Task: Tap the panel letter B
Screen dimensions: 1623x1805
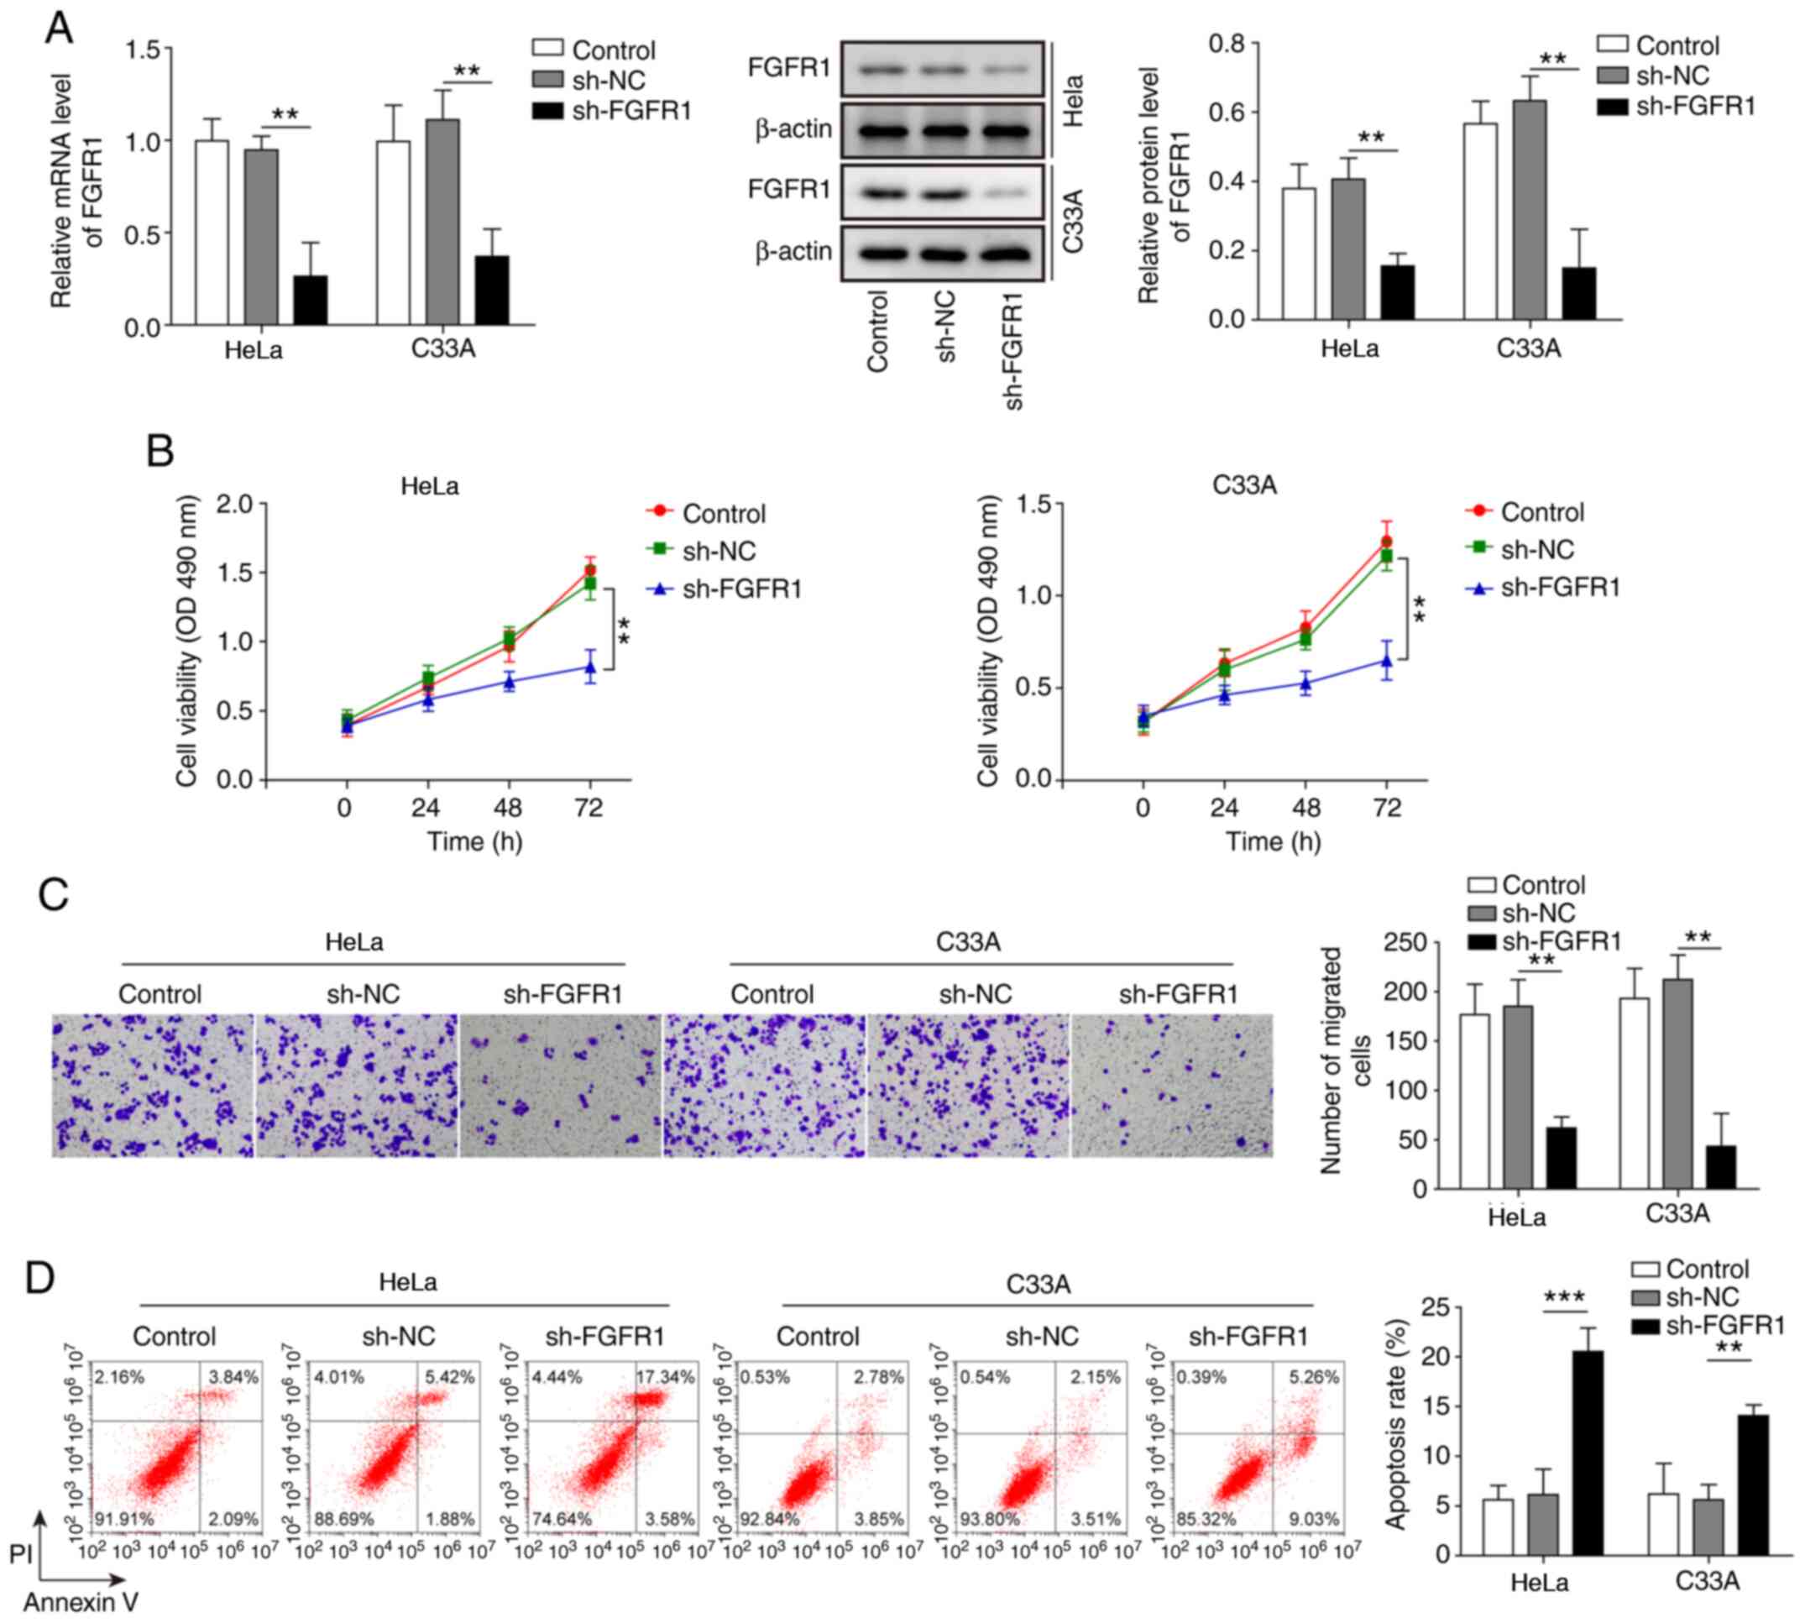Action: (x=160, y=451)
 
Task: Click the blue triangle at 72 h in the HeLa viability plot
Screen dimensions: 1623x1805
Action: (x=589, y=666)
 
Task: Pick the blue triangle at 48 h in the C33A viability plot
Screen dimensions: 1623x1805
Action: (x=1305, y=684)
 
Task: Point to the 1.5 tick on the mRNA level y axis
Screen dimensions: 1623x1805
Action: (x=143, y=50)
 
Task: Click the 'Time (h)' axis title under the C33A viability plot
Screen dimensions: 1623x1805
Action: (x=1273, y=841)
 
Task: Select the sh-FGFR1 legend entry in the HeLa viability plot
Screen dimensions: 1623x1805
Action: (x=742, y=589)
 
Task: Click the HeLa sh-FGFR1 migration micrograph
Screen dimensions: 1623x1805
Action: (x=561, y=1086)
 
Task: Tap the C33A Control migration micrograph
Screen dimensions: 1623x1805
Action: (x=764, y=1086)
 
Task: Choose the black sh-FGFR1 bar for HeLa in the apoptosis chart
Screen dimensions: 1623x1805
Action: (x=1588, y=1453)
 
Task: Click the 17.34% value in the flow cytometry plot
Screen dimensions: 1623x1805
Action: (x=665, y=1378)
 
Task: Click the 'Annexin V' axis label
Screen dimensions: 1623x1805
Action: (x=81, y=1603)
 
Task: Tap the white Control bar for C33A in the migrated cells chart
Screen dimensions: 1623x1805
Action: (x=1635, y=1093)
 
